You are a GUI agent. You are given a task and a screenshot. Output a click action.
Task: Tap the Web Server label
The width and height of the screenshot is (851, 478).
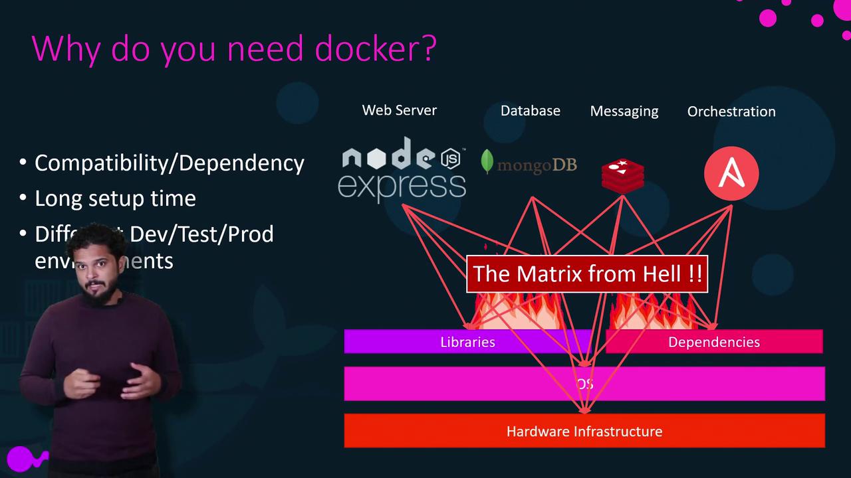(x=399, y=110)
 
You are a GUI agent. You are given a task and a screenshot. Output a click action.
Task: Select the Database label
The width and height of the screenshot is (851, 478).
(x=530, y=111)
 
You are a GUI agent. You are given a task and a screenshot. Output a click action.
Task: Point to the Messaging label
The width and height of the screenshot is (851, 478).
(x=624, y=112)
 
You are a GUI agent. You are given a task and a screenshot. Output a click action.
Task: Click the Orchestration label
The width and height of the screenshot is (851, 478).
(x=731, y=112)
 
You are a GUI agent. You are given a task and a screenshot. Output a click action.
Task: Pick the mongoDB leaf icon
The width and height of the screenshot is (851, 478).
(x=487, y=162)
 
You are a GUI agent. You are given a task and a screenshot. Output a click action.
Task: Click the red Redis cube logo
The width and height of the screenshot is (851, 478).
(x=622, y=175)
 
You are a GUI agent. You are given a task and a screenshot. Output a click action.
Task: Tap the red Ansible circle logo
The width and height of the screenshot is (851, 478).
(x=731, y=173)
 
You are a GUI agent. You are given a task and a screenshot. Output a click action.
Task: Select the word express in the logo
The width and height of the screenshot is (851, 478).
(x=402, y=186)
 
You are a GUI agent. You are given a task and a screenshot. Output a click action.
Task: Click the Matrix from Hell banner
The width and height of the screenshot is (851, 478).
(x=587, y=274)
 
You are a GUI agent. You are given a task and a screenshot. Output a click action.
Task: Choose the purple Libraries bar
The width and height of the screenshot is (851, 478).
(x=467, y=342)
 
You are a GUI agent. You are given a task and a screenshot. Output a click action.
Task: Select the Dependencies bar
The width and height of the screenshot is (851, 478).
(x=714, y=342)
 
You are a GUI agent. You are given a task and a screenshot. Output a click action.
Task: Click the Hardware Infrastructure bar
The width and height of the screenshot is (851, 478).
(x=584, y=432)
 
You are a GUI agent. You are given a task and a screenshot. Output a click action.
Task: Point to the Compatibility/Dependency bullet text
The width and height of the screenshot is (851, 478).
(x=169, y=163)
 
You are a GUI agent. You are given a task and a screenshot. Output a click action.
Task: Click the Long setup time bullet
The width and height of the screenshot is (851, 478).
(x=115, y=199)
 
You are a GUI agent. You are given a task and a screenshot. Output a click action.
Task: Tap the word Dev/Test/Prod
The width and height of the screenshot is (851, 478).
(x=201, y=234)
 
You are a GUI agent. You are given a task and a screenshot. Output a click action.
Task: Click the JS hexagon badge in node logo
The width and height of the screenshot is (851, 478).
(x=451, y=158)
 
